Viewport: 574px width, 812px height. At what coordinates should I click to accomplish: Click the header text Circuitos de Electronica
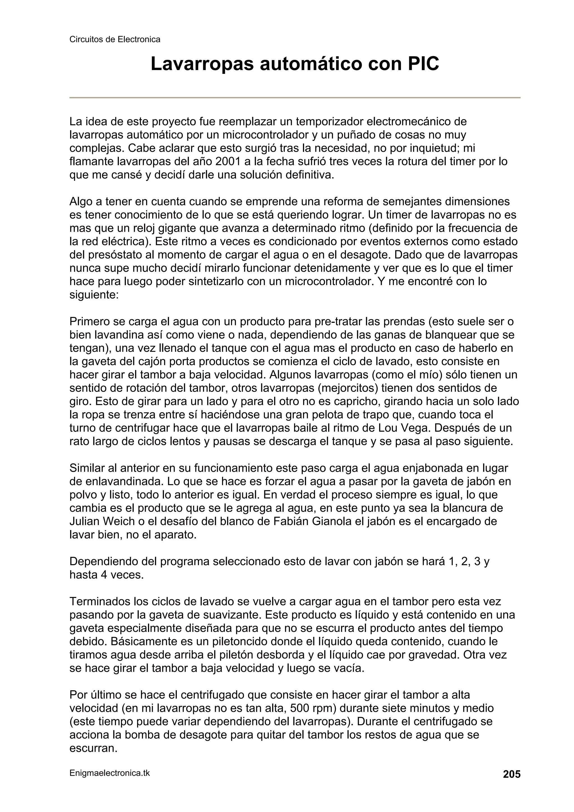115,40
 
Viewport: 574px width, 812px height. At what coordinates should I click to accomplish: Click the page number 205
511,774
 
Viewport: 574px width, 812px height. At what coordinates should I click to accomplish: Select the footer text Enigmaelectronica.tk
110,773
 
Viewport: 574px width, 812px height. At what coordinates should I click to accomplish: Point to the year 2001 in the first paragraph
227,162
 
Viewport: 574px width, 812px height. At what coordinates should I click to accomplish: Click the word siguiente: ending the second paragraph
94,295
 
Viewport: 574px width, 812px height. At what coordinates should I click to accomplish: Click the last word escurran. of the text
93,748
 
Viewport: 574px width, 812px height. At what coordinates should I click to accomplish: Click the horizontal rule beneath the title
295,98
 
